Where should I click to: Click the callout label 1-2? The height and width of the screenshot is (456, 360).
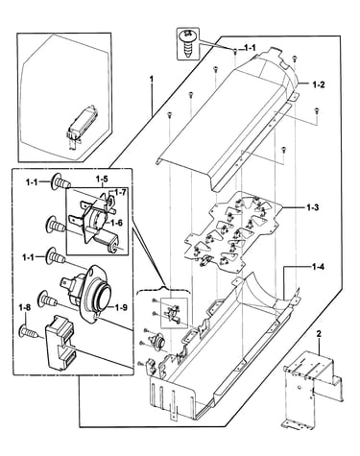(x=319, y=84)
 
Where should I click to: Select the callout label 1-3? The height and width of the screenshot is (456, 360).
(x=313, y=207)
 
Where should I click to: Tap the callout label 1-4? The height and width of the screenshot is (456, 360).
(x=318, y=266)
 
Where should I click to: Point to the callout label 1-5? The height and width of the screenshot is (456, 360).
(x=102, y=179)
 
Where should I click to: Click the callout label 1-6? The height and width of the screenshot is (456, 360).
(x=116, y=223)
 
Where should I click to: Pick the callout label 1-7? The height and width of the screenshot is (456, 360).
(x=120, y=192)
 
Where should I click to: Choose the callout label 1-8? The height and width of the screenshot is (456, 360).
(x=25, y=308)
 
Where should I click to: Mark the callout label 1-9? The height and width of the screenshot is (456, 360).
(x=121, y=307)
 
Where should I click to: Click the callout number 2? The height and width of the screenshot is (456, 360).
(x=319, y=334)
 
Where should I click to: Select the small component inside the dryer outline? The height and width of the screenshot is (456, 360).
(x=80, y=125)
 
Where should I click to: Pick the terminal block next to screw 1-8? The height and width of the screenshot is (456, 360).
(x=61, y=343)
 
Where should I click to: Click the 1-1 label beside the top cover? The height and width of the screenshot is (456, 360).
(x=250, y=48)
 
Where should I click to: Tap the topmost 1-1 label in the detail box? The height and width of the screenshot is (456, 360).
(x=33, y=182)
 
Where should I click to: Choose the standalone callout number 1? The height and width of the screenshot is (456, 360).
(x=152, y=78)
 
